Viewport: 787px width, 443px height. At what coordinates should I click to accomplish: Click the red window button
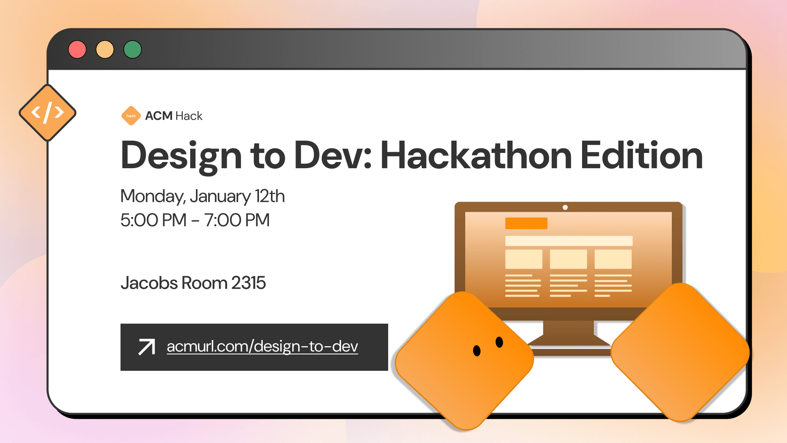pos(77,50)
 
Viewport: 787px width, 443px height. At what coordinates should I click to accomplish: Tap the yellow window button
pos(105,50)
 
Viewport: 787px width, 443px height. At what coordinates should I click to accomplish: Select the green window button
pos(132,50)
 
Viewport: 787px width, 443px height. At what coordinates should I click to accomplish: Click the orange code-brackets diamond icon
pos(48,113)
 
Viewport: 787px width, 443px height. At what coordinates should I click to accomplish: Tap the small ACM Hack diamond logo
pos(131,116)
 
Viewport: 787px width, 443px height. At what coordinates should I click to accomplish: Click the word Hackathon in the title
pos(476,156)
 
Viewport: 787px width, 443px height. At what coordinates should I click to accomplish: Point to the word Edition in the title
pos(641,156)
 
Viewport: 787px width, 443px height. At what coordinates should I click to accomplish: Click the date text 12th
pos(269,196)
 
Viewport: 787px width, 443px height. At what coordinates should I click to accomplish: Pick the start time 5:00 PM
pos(153,220)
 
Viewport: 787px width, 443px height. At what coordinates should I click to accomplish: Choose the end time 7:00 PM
pos(237,220)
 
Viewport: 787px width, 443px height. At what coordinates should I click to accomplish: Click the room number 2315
pos(248,283)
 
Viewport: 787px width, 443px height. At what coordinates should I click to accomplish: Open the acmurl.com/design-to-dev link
pos(262,347)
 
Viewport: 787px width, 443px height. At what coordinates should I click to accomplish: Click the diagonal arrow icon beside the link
pos(147,347)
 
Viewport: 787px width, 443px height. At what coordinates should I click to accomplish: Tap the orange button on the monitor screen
pos(526,224)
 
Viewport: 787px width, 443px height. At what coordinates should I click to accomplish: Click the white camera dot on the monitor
pos(565,208)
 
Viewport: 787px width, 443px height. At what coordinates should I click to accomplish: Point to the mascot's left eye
pos(477,351)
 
